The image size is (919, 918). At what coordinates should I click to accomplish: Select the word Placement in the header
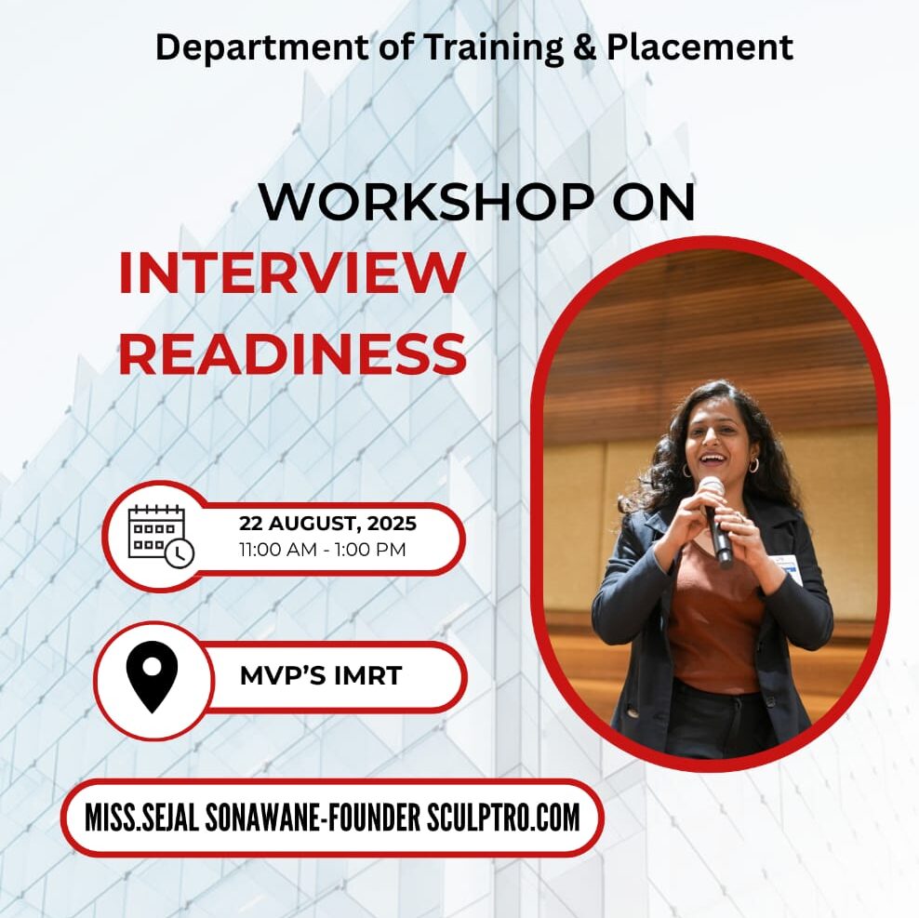coord(699,47)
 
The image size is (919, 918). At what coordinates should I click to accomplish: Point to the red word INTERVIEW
coord(292,273)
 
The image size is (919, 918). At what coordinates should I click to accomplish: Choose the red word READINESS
coord(292,353)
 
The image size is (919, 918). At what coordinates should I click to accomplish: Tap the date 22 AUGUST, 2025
coord(327,523)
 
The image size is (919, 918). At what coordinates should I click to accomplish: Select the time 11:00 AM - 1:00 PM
coord(323,550)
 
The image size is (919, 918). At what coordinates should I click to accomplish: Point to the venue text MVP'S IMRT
coord(321,676)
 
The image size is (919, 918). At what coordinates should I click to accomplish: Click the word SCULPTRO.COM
coord(503,818)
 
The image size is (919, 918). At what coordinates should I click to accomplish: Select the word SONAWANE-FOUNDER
coord(313,818)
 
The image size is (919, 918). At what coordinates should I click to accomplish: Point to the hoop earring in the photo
coord(753,465)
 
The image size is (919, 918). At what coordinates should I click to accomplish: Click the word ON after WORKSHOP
coord(654,202)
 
